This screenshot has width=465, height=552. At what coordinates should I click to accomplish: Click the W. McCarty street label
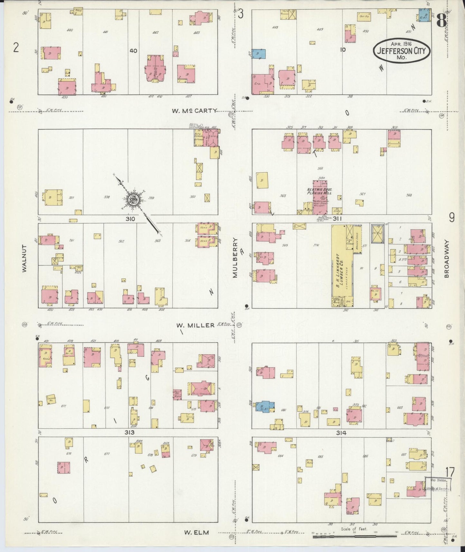click(194, 111)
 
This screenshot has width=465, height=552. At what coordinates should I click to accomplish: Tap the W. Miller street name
click(195, 325)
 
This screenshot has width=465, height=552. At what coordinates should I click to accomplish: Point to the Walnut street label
click(24, 262)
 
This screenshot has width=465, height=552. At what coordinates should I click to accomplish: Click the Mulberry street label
click(235, 258)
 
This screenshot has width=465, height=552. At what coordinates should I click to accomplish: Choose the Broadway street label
click(446, 260)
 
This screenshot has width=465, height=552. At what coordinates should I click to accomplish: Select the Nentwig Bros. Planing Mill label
click(319, 191)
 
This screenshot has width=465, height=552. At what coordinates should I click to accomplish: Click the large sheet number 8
click(442, 21)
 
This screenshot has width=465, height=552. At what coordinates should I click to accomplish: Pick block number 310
click(130, 219)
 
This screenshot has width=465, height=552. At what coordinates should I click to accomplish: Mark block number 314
click(341, 433)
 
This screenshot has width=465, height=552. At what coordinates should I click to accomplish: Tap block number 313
click(130, 433)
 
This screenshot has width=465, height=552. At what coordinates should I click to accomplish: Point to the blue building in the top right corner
click(424, 15)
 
